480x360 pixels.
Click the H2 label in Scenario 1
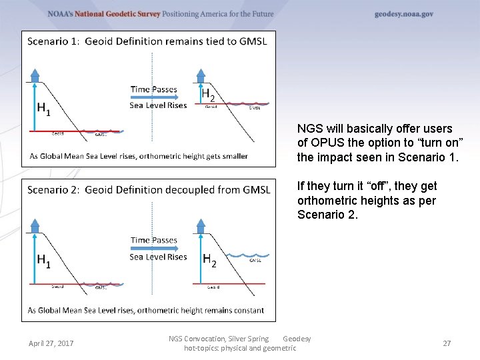pyautogui.click(x=208, y=94)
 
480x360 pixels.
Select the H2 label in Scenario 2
pyautogui.click(x=209, y=260)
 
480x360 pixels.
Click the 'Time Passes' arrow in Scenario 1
pyautogui.click(x=155, y=97)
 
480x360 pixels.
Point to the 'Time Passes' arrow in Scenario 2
pyautogui.click(x=155, y=248)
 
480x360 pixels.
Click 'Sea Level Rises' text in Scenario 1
pyautogui.click(x=158, y=105)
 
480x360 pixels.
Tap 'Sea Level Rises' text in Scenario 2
pyautogui.click(x=158, y=257)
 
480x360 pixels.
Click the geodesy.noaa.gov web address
pyautogui.click(x=403, y=14)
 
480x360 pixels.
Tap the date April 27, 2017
pyautogui.click(x=51, y=343)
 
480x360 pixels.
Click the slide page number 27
pyautogui.click(x=447, y=343)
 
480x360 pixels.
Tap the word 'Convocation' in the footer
pyautogui.click(x=209, y=339)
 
